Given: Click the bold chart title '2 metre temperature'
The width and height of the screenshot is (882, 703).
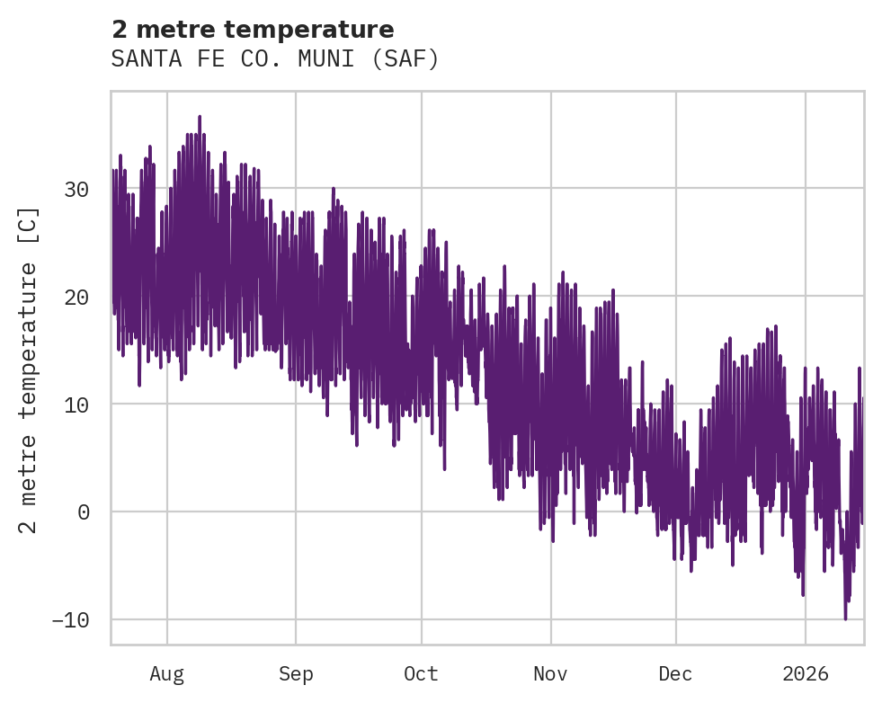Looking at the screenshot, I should (x=253, y=30).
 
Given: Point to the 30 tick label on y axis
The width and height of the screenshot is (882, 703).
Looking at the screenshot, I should (x=76, y=189).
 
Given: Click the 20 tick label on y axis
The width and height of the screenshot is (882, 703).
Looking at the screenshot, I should (x=76, y=297).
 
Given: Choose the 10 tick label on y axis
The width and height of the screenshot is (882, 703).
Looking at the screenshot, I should (x=76, y=405).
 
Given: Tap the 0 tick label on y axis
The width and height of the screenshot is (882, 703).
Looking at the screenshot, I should (x=83, y=512).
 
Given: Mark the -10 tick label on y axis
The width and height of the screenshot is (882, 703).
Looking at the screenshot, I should (x=70, y=620).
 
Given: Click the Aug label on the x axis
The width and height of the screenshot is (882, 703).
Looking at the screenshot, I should (x=167, y=673).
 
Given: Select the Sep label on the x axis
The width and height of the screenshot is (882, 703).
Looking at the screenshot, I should (x=296, y=673).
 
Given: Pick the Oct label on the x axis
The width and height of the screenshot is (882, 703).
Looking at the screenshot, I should (x=421, y=673).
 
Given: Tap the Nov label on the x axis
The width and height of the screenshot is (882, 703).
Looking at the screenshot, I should (x=550, y=673).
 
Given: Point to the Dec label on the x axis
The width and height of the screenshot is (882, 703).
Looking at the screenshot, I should (x=675, y=673).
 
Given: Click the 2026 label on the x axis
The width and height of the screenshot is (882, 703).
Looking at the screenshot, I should (x=806, y=673).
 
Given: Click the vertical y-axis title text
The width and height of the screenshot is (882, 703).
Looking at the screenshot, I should (x=30, y=369).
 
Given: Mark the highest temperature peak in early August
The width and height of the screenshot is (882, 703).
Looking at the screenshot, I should (x=200, y=117).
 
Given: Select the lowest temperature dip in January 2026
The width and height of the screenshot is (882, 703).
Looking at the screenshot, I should (x=845, y=618).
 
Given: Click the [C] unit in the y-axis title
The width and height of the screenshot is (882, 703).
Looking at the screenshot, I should (x=30, y=225).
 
